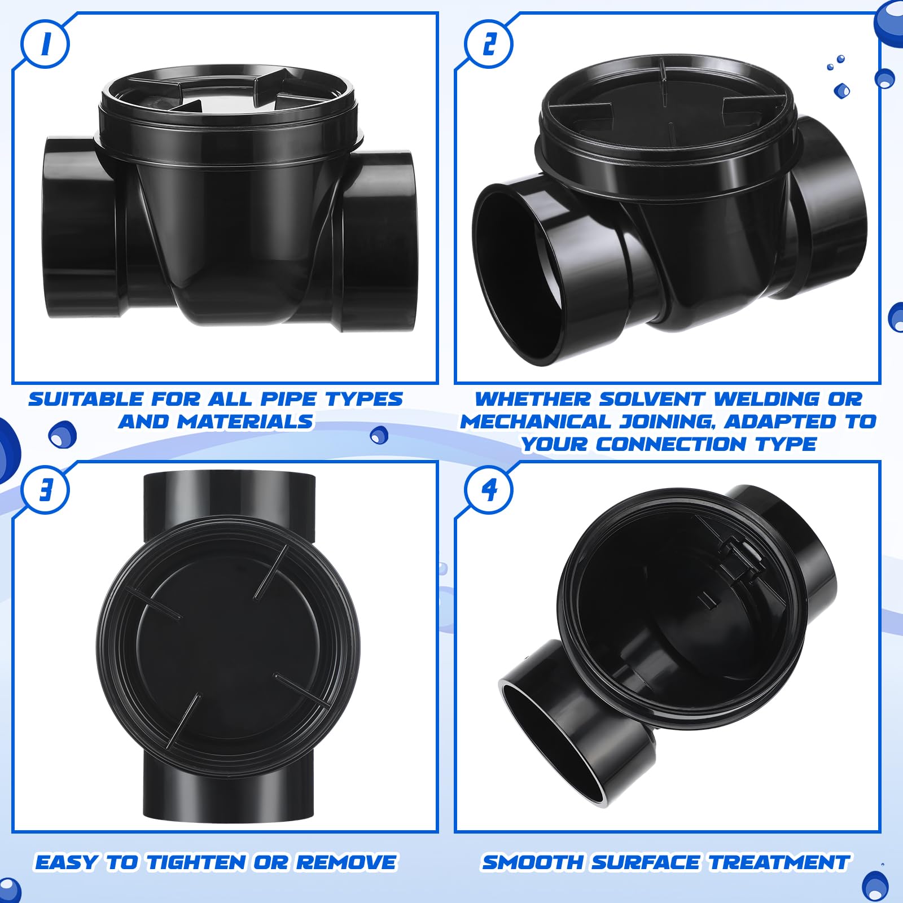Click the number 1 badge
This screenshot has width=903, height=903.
(45, 44)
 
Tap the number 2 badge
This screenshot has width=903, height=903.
(489, 44)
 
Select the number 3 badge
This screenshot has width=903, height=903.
(45, 489)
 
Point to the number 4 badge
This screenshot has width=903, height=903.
(489, 489)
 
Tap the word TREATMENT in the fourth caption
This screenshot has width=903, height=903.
(779, 862)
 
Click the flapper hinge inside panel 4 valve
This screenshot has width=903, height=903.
(739, 556)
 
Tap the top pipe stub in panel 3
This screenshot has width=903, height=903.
(229, 497)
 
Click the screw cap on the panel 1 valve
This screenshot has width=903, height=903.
(229, 113)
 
